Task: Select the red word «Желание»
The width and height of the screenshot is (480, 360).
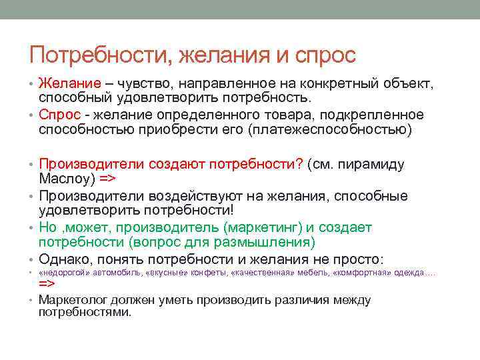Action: tap(70, 84)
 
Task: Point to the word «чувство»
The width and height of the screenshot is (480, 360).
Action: tap(145, 84)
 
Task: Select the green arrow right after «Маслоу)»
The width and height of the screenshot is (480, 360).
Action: tap(109, 179)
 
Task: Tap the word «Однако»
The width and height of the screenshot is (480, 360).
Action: tap(63, 259)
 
